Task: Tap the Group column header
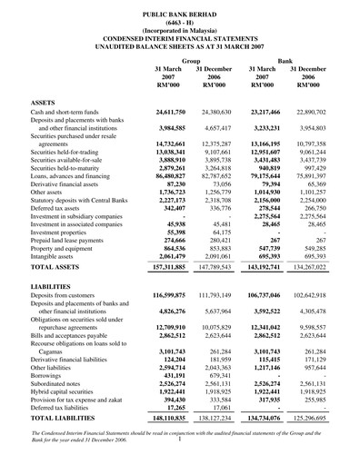[191, 60]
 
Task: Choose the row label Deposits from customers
[68, 322]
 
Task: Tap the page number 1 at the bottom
[181, 459]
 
